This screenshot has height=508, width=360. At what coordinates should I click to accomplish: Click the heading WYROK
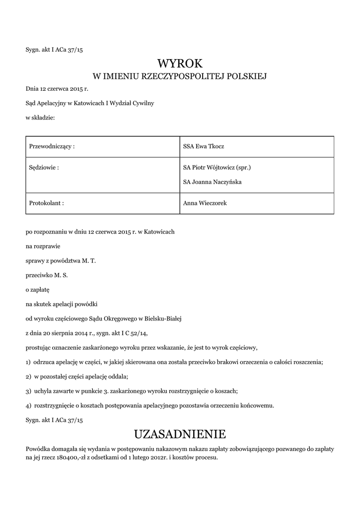click(x=180, y=63)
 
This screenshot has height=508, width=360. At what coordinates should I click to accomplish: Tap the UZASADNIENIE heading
click(x=180, y=435)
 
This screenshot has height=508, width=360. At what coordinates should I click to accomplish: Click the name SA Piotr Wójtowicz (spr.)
click(x=217, y=168)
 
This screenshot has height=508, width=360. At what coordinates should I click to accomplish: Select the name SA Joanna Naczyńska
click(x=212, y=182)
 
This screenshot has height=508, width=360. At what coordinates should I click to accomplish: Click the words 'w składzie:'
click(x=40, y=118)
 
